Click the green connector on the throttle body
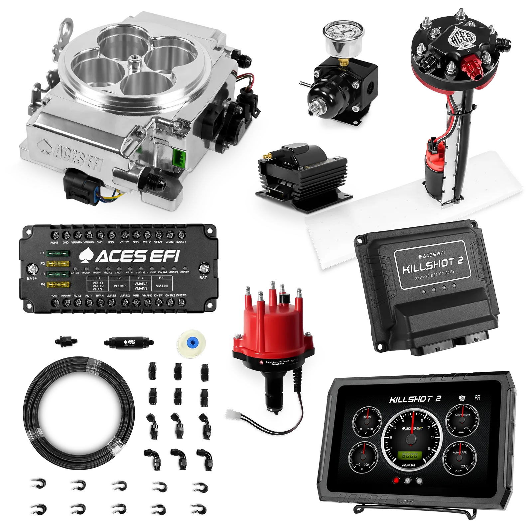point(179,157)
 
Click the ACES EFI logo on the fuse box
point(130,256)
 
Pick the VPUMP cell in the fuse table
point(119,286)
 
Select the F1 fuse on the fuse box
point(58,254)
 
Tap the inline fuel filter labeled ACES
point(129,342)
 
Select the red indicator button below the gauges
point(396,480)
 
